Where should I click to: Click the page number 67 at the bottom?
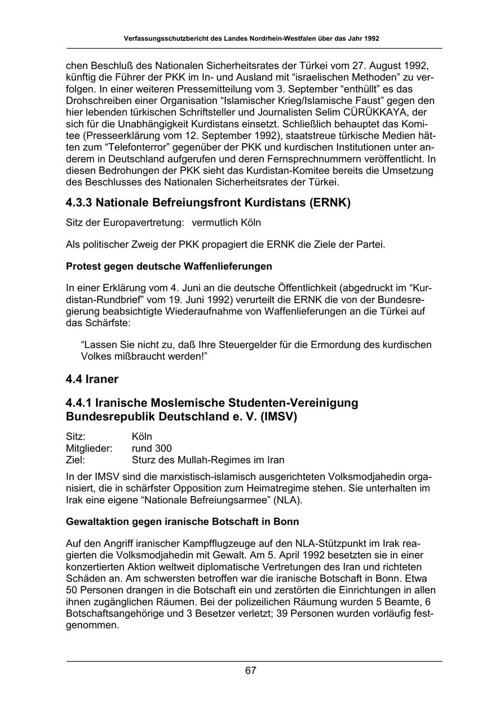(x=250, y=671)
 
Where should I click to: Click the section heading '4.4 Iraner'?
(x=92, y=379)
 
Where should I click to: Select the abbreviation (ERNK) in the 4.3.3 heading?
(x=328, y=202)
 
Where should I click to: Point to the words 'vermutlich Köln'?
(x=226, y=222)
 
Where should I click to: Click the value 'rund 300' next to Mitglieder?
(x=151, y=448)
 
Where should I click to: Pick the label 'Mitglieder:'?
(x=89, y=448)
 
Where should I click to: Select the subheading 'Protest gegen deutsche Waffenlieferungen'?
(x=169, y=266)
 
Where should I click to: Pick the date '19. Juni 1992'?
(x=192, y=299)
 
